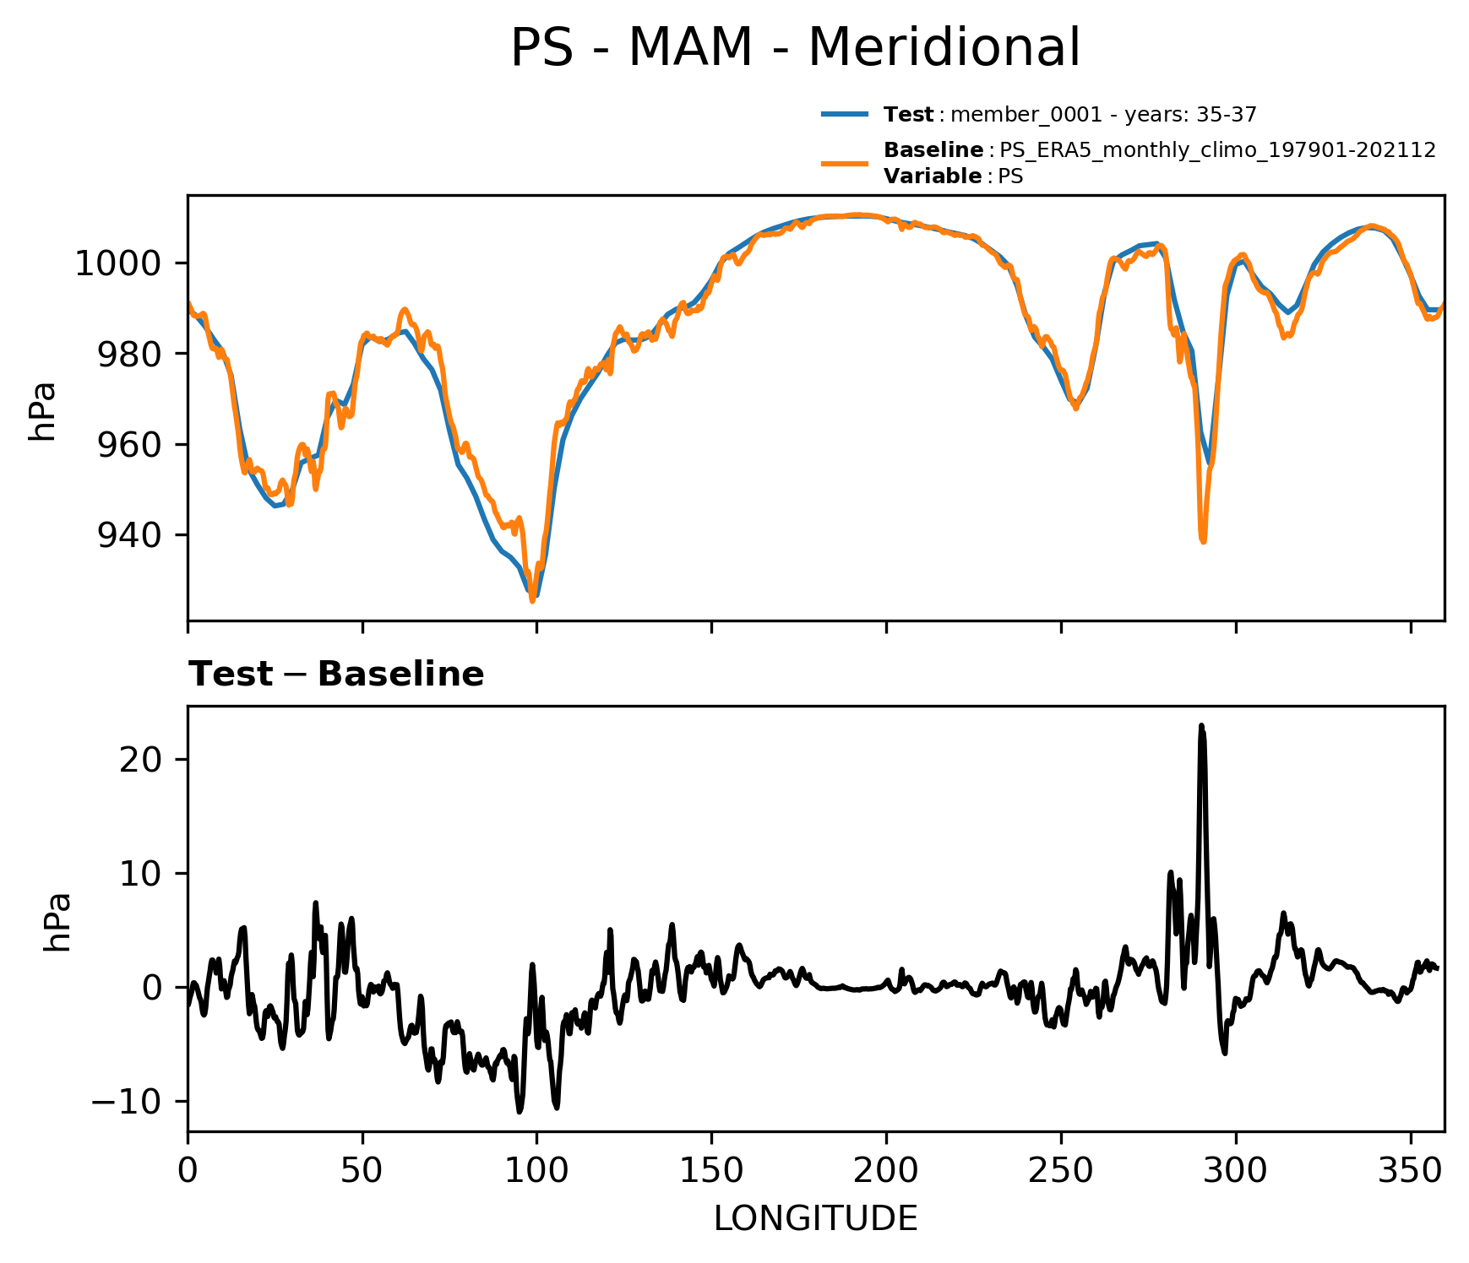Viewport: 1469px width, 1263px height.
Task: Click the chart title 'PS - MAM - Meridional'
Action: [x=795, y=48]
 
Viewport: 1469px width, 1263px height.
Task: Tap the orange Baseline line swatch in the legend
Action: [x=844, y=163]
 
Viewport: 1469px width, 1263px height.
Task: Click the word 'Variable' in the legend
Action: [x=932, y=176]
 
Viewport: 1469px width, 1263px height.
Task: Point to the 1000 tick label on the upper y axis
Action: [x=117, y=264]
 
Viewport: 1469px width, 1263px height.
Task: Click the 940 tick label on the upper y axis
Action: [x=129, y=535]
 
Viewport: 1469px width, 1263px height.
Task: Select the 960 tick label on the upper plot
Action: [x=129, y=445]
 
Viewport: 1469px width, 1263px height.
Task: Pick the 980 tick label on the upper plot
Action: [x=129, y=354]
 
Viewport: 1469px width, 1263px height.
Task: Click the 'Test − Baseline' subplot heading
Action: [x=336, y=675]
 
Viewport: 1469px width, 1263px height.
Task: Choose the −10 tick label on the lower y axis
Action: [x=128, y=1103]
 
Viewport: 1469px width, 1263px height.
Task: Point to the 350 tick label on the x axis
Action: [x=1410, y=1171]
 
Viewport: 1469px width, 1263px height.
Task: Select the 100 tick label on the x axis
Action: [x=536, y=1171]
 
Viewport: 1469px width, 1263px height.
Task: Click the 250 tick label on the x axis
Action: [x=1061, y=1171]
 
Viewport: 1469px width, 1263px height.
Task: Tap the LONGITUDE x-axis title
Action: [x=815, y=1219]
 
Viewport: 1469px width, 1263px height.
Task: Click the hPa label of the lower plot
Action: [x=57, y=921]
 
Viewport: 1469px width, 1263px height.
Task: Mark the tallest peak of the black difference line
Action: [x=1201, y=726]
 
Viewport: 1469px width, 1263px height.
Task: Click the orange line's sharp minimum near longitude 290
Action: [x=1202, y=540]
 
